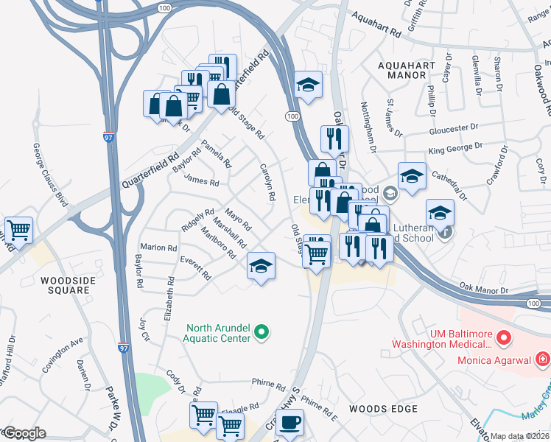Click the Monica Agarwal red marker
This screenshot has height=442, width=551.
[542, 359]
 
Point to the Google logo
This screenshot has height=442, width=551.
[24, 433]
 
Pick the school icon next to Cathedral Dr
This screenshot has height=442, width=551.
[412, 177]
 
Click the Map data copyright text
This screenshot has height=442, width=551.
[520, 436]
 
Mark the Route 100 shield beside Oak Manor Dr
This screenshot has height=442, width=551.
[533, 303]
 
